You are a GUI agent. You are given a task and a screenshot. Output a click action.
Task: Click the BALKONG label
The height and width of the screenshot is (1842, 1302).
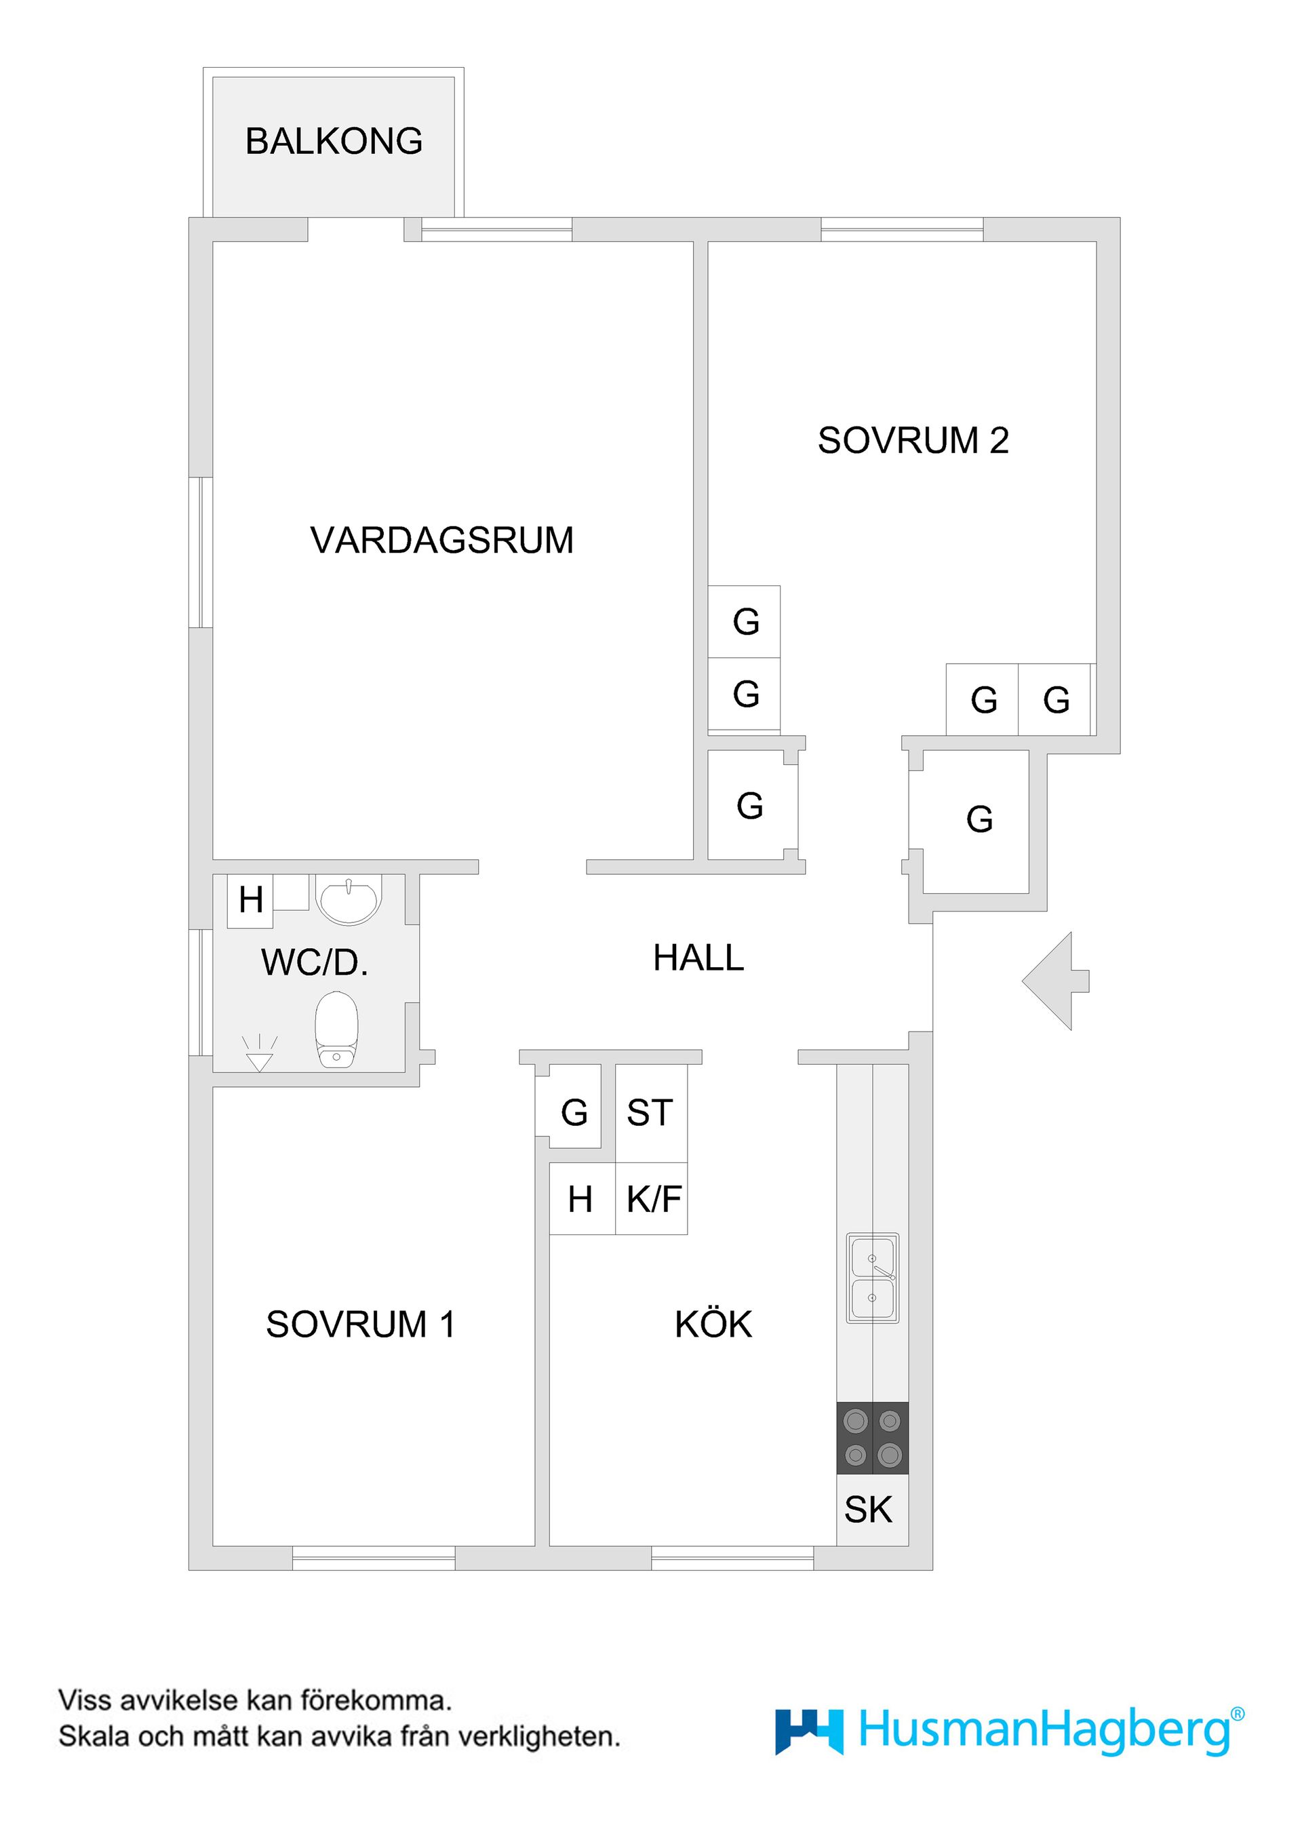[334, 141]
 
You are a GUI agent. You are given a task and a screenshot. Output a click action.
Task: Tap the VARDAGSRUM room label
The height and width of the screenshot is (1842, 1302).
[442, 540]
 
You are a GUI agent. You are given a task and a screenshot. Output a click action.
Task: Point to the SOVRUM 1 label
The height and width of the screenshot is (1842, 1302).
[361, 1324]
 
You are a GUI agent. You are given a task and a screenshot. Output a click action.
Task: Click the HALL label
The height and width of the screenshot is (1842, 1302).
[698, 958]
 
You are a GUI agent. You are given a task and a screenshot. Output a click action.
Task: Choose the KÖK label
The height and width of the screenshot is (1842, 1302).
[713, 1324]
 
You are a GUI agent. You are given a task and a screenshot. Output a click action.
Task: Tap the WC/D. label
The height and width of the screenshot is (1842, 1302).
[315, 963]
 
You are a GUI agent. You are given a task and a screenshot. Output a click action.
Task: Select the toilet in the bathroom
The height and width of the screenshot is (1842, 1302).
[336, 1031]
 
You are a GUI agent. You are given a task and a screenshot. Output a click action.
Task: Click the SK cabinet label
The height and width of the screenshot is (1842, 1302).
[868, 1510]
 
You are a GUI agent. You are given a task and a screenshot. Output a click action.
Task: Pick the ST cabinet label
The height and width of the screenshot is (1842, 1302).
[650, 1114]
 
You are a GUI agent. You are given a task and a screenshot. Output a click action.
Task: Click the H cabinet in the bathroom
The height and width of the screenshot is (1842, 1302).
[250, 900]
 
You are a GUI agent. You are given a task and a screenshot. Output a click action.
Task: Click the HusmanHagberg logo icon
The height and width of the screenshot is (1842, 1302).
[808, 1731]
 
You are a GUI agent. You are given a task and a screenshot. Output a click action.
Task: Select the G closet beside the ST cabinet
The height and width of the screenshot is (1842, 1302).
[574, 1113]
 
